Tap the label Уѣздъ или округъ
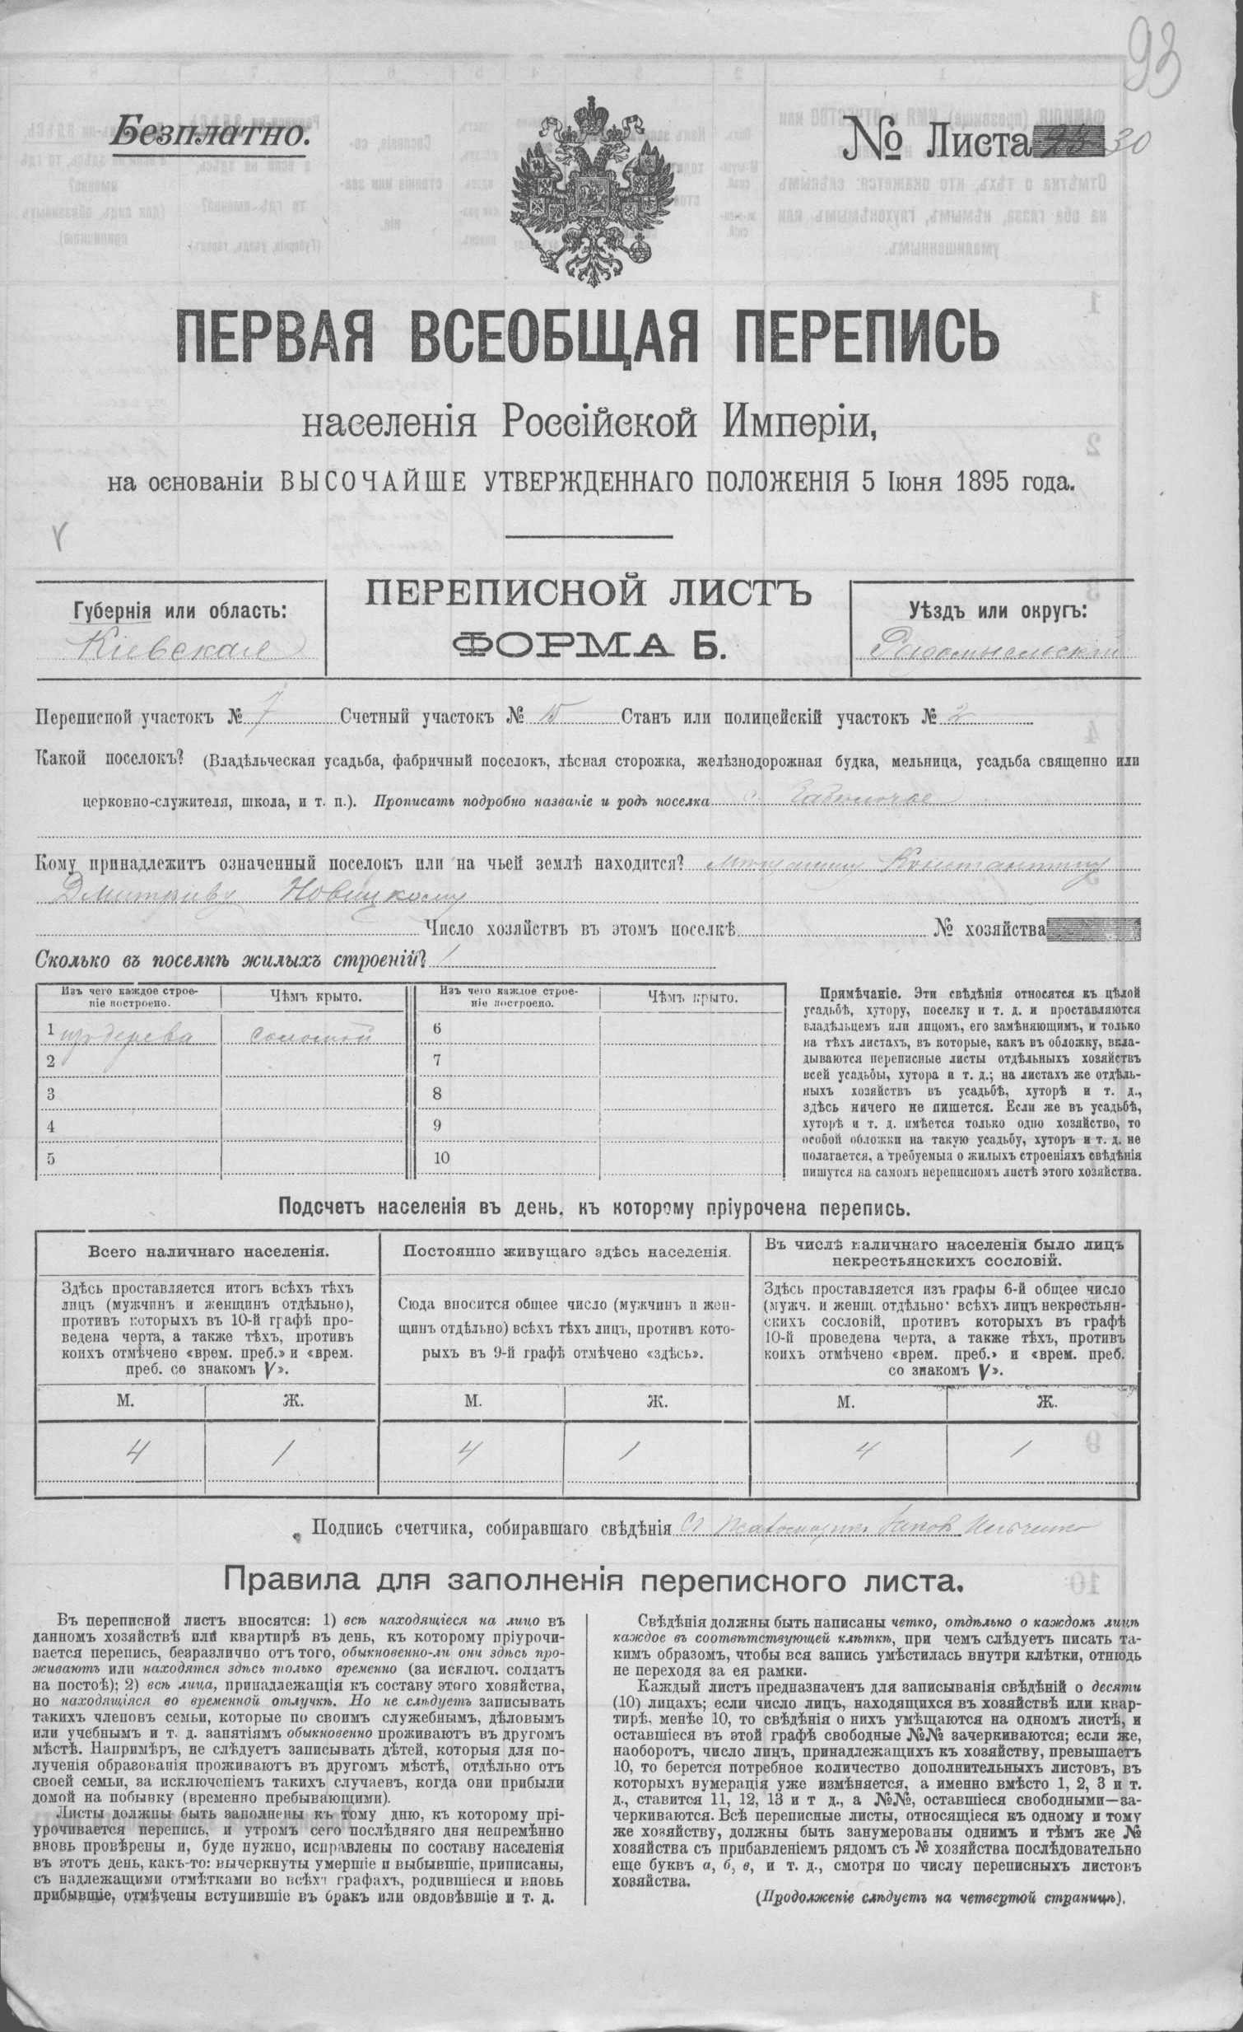coord(998,611)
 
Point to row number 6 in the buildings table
coord(437,1029)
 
